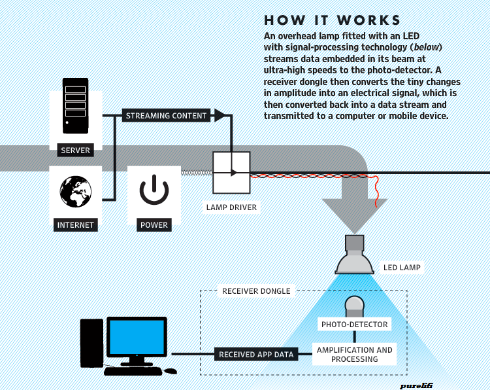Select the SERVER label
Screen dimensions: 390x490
(75, 151)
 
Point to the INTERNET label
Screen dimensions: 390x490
(76, 225)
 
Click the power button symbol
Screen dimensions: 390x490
(154, 190)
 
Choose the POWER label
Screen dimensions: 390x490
(154, 225)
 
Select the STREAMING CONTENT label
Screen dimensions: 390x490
(166, 116)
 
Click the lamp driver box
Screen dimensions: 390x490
(231, 173)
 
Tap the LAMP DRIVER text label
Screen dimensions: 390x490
(231, 207)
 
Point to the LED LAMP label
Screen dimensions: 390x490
(402, 268)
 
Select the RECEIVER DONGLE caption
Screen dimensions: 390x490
(256, 291)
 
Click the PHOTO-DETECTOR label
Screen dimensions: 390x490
(355, 325)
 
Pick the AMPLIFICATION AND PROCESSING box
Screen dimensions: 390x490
(355, 355)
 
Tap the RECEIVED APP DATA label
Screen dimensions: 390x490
(256, 355)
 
